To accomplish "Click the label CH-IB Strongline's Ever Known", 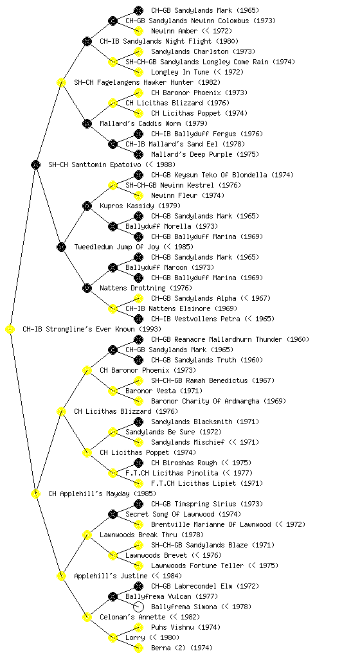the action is [x=78, y=330].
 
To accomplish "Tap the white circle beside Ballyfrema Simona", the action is [x=138, y=607].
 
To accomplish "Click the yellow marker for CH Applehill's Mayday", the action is [x=35, y=494].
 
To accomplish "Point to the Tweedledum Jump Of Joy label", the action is [x=116, y=247].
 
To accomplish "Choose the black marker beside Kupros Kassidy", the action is [x=87, y=206].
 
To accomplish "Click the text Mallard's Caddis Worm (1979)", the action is [x=154, y=124].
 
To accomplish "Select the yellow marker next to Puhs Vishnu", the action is [x=138, y=627].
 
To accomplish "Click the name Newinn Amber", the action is [x=174, y=31].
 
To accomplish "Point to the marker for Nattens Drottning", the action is [x=87, y=289].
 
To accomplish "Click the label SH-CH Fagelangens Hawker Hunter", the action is [x=134, y=83].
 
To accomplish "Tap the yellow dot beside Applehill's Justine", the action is [x=61, y=576].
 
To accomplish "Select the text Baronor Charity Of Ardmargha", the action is [x=205, y=401].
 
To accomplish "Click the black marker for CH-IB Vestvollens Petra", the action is [x=138, y=319].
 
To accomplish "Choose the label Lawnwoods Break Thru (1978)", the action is [x=152, y=535].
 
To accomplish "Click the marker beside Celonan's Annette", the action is [x=87, y=618].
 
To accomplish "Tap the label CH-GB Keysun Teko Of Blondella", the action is [x=209, y=175].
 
